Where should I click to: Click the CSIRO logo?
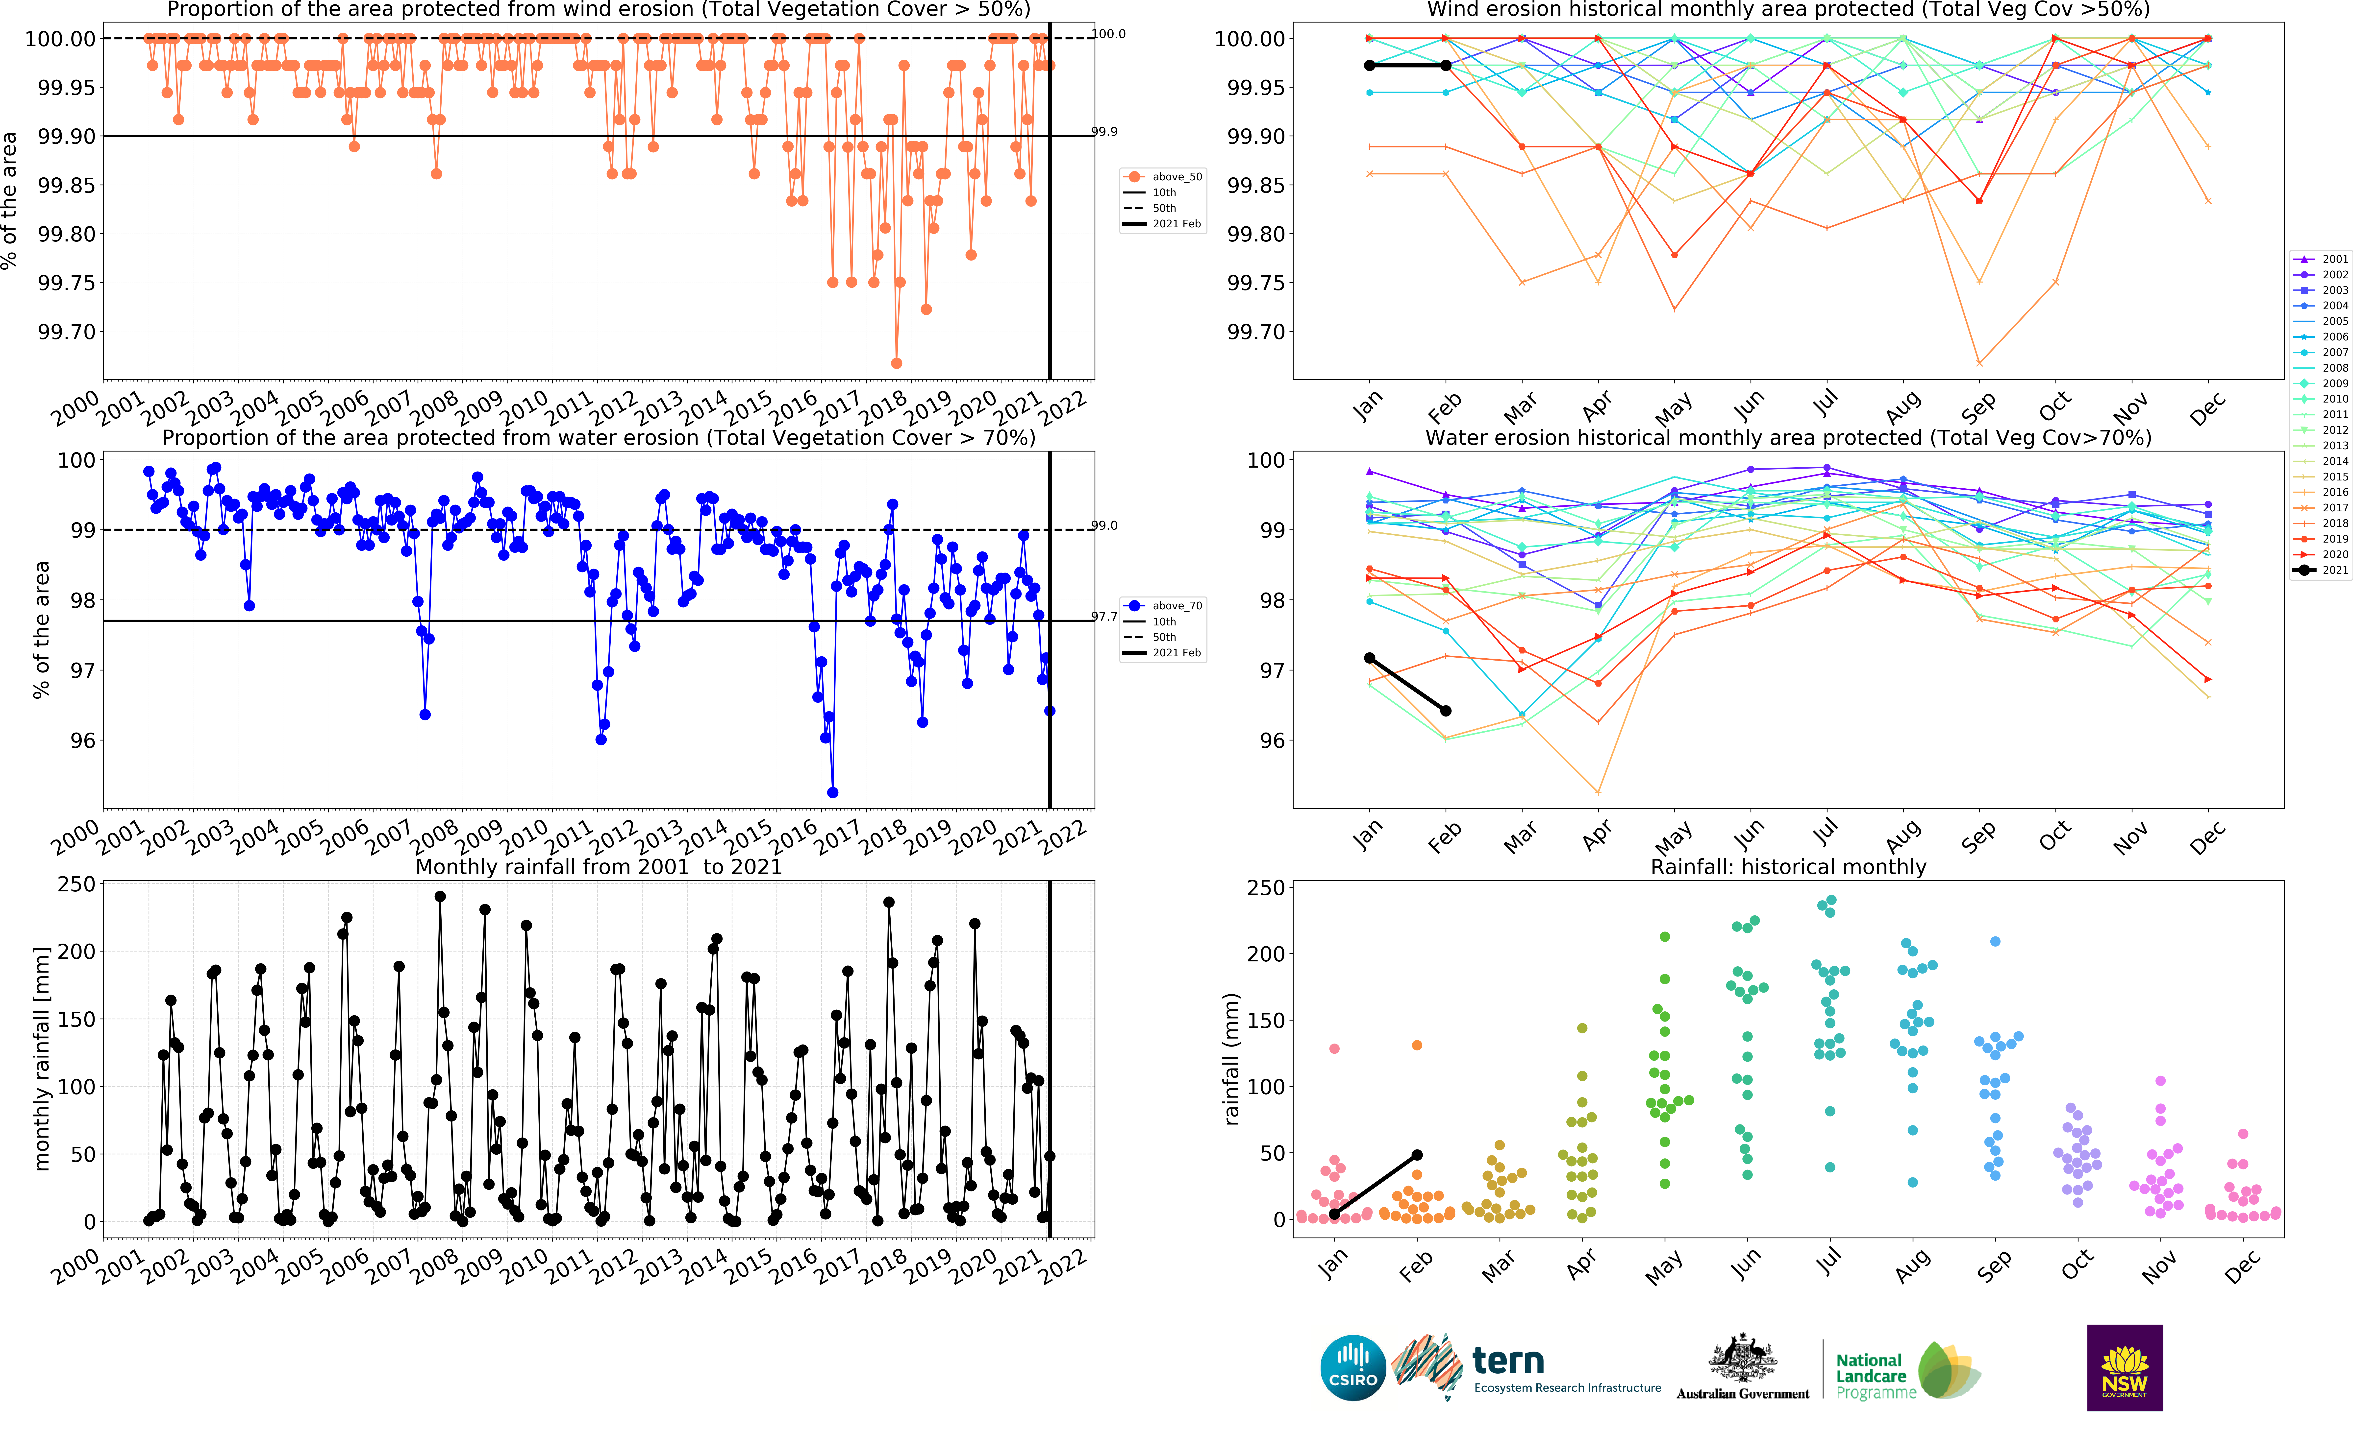tap(1352, 1368)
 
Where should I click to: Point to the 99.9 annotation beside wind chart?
tap(1105, 132)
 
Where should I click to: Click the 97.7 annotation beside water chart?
tap(1105, 617)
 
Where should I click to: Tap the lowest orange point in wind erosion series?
tap(896, 363)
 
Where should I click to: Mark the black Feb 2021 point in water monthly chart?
tap(1446, 710)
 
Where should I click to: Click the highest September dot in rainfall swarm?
tap(1995, 941)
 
